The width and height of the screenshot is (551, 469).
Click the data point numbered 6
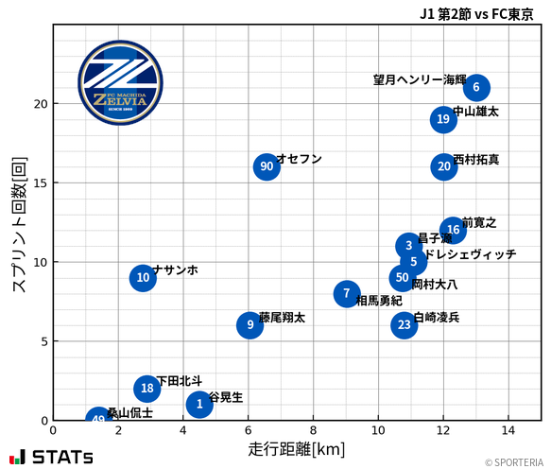[x=476, y=88]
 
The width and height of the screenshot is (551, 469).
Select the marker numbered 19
[x=444, y=119]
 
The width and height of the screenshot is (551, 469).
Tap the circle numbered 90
[x=267, y=166]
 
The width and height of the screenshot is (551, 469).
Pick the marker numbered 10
[x=143, y=278]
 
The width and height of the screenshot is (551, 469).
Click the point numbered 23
[x=405, y=325]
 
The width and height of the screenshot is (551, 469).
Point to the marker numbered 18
[x=146, y=389]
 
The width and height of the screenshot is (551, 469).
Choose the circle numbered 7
[x=347, y=294]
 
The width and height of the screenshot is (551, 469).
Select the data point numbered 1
[x=199, y=405]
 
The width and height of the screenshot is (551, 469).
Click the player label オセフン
[x=299, y=159]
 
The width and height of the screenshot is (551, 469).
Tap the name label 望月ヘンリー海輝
[x=420, y=80]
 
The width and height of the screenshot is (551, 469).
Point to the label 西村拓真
[x=476, y=160]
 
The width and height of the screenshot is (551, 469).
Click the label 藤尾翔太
[x=282, y=318]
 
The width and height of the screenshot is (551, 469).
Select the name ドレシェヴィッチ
[x=470, y=254]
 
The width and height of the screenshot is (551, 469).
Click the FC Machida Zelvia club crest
[x=113, y=83]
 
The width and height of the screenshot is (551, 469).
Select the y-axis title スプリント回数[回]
[x=18, y=226]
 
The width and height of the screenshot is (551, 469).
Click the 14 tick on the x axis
[x=508, y=431]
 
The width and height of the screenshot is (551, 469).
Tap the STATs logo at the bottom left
[x=51, y=457]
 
